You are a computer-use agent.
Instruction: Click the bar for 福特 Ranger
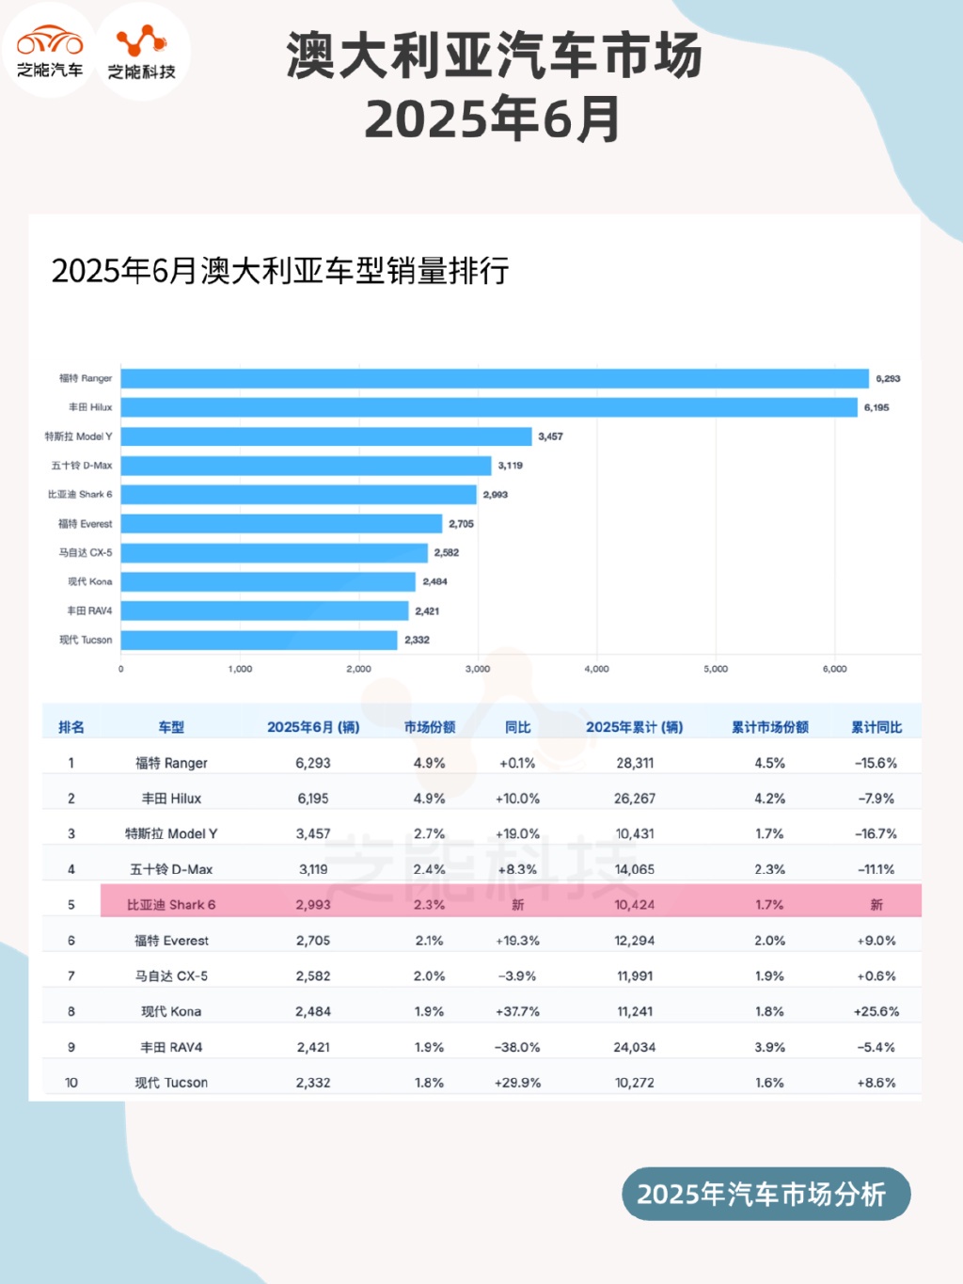click(495, 378)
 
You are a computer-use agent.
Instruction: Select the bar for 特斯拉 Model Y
click(326, 436)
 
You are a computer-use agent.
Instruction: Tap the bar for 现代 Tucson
click(260, 640)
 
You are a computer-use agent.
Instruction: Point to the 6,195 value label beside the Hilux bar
click(876, 407)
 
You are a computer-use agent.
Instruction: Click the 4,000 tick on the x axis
click(596, 669)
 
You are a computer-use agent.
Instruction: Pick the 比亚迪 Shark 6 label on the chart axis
click(80, 494)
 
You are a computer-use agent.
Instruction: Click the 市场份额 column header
click(430, 727)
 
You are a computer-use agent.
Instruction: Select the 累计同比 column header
click(876, 727)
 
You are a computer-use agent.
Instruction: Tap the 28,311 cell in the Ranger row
click(635, 763)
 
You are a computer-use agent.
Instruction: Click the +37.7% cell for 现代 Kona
click(517, 1011)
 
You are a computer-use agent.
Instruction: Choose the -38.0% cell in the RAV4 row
click(517, 1047)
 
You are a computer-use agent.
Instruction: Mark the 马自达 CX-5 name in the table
click(171, 975)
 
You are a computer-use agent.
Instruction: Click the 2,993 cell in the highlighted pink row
click(313, 905)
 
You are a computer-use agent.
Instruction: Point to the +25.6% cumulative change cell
click(876, 1011)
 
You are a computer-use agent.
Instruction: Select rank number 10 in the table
click(71, 1083)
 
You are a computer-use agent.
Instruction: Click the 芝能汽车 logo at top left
click(50, 51)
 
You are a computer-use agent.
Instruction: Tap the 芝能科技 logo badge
click(142, 51)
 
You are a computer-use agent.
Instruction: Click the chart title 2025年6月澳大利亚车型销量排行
click(280, 271)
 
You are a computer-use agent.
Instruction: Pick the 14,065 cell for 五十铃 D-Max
click(635, 869)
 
